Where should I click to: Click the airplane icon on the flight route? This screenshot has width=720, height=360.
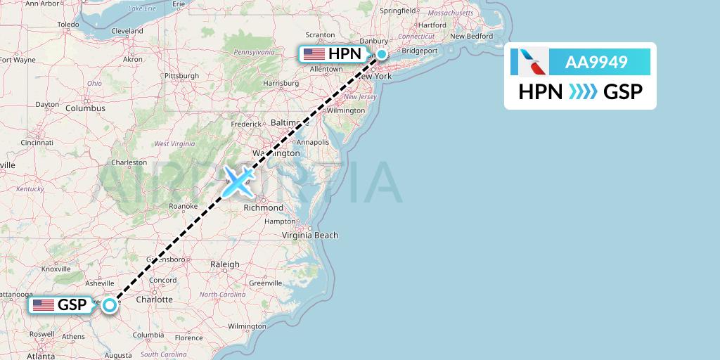[238, 181]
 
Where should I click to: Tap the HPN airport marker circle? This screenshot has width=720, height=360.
[381, 54]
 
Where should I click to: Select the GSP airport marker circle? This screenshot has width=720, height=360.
[110, 305]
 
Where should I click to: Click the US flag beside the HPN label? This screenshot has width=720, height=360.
[314, 54]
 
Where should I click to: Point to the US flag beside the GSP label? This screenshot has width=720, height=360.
[44, 305]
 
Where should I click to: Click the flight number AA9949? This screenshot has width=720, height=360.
[596, 63]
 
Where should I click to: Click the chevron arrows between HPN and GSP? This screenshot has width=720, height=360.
[582, 91]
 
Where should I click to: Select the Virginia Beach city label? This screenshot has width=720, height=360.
[310, 235]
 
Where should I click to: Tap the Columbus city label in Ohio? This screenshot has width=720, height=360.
[86, 108]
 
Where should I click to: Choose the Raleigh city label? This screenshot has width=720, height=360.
[225, 264]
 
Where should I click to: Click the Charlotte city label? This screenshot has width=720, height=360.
[155, 299]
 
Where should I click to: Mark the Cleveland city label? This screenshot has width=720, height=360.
[127, 31]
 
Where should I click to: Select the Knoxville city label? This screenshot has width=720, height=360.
[56, 269]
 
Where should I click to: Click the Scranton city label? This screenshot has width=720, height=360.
[320, 34]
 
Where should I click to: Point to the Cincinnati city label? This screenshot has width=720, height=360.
[37, 142]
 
